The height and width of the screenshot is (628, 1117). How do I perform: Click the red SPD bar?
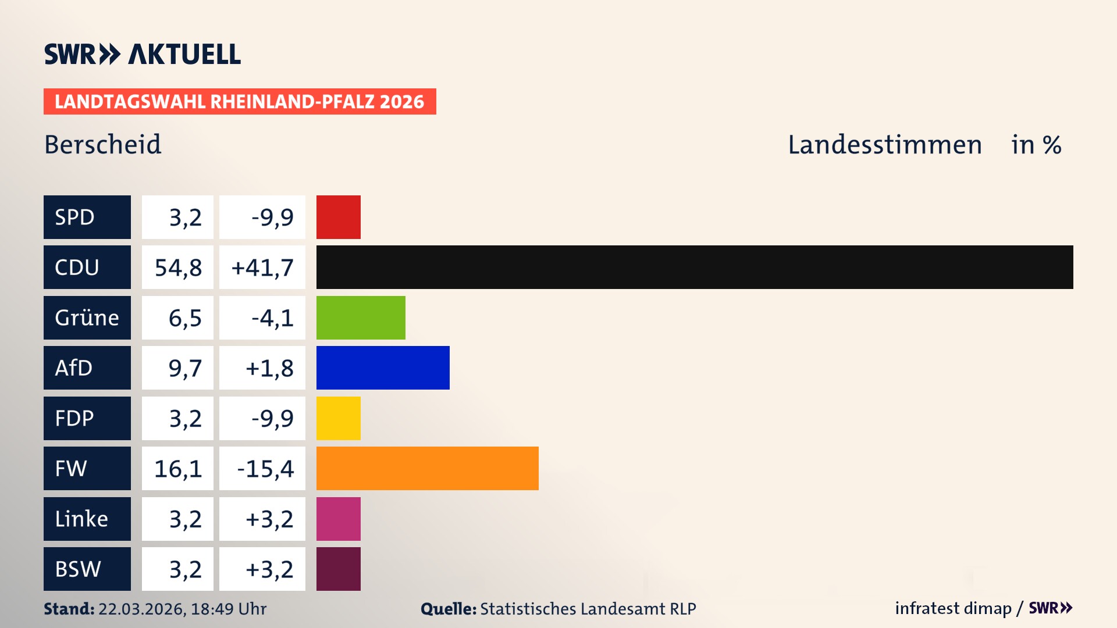(338, 217)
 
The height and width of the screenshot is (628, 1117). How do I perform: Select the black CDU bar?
(694, 267)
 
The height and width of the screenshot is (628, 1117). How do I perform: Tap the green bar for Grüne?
(361, 317)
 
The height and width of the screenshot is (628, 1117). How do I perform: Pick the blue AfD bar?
(383, 367)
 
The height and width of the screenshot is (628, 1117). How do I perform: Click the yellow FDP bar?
(338, 418)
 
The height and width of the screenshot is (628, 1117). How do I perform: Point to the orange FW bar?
(427, 468)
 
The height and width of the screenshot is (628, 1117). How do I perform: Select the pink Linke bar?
(338, 519)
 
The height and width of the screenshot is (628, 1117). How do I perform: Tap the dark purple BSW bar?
(338, 569)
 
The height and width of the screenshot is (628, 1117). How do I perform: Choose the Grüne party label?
(87, 317)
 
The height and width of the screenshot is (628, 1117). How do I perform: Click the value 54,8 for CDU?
(178, 267)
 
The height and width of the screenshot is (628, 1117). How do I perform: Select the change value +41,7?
(262, 267)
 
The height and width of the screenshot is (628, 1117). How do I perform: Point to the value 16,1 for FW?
(178, 469)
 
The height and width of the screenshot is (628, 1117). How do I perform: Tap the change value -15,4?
(265, 469)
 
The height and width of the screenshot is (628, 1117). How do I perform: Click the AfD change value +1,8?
(269, 368)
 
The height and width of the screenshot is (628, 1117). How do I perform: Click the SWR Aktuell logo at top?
(143, 54)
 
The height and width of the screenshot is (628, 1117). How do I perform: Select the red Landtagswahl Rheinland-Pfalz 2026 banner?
(239, 102)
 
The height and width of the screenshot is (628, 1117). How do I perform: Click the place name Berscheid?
(103, 145)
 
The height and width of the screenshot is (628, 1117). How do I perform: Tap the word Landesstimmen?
(884, 145)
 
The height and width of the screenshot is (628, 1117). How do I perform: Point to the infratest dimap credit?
(953, 608)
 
